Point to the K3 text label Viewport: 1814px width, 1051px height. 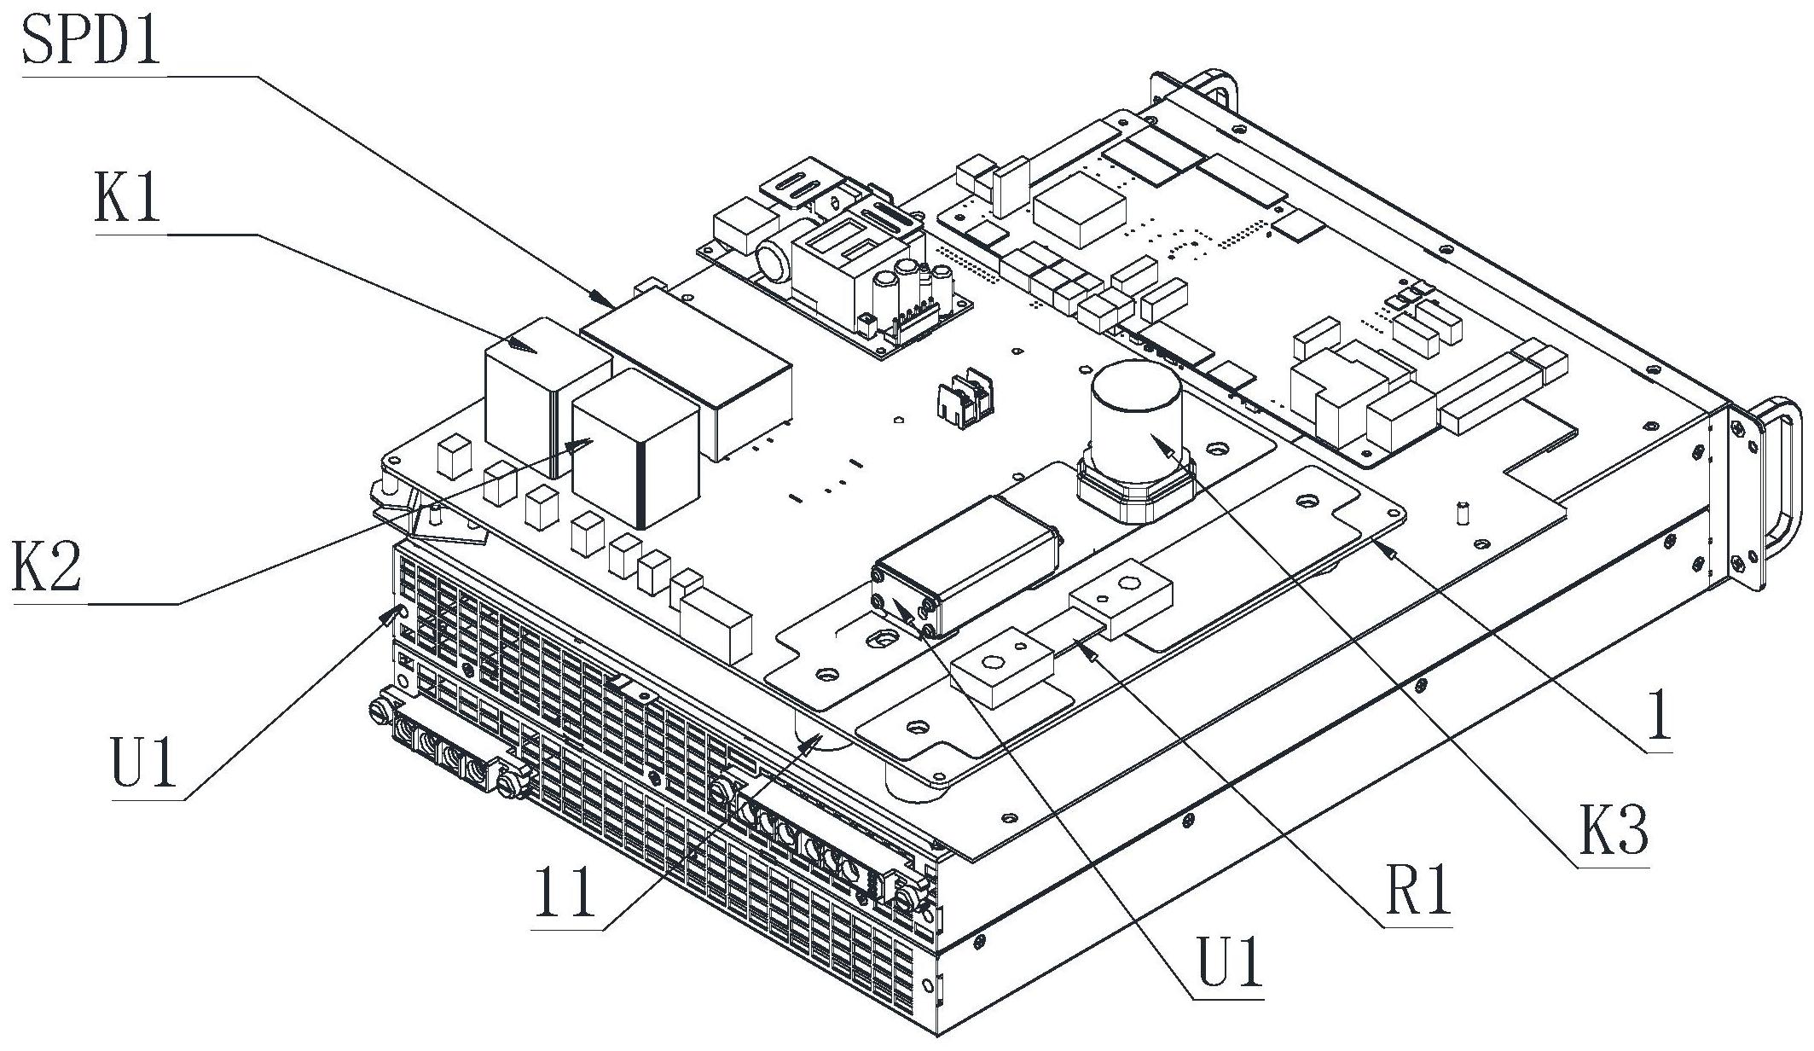1612,831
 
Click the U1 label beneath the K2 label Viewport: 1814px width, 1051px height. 143,762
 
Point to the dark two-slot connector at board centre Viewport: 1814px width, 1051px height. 964,397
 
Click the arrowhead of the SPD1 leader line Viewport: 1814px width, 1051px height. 602,299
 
